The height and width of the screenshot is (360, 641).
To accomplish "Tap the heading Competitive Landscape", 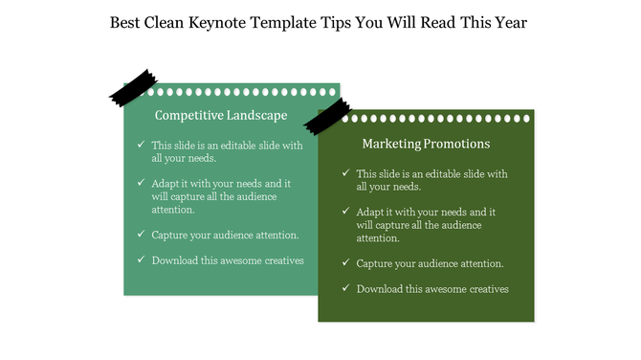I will [221, 115].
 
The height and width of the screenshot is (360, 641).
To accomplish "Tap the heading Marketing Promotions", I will [427, 144].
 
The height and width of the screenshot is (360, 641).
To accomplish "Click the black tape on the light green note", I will [133, 87].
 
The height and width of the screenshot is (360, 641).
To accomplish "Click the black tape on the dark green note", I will [327, 115].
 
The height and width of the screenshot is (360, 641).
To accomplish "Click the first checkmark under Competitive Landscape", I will [141, 146].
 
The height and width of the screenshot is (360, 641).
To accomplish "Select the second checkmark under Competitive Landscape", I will [141, 182].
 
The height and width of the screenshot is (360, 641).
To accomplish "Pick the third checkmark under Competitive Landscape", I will [141, 234].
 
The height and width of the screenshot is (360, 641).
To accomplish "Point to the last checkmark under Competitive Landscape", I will [141, 259].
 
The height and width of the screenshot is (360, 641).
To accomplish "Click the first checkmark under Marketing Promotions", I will [345, 174].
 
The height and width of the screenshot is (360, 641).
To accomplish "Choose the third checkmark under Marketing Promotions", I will [345, 262].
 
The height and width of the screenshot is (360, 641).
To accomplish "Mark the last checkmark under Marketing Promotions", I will [345, 288].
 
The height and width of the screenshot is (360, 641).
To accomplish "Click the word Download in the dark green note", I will [379, 289].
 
